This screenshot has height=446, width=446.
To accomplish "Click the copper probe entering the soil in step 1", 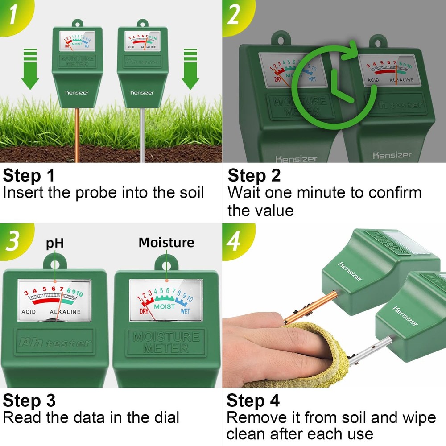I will point(77,134).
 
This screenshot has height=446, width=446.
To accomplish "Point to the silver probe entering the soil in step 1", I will point(142,134).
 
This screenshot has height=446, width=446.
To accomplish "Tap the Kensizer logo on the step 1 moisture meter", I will point(77,92).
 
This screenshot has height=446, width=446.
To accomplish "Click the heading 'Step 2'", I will point(254,175).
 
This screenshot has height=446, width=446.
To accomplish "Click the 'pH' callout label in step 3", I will point(55,244).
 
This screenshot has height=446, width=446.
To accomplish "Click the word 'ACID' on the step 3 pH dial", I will point(29,312).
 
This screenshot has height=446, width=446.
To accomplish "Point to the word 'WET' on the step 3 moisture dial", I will point(185,312).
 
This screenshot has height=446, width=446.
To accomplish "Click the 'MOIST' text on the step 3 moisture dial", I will point(165,307).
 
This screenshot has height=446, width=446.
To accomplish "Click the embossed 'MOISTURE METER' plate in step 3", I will point(166,342).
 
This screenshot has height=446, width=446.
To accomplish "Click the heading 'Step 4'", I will point(253,400).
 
